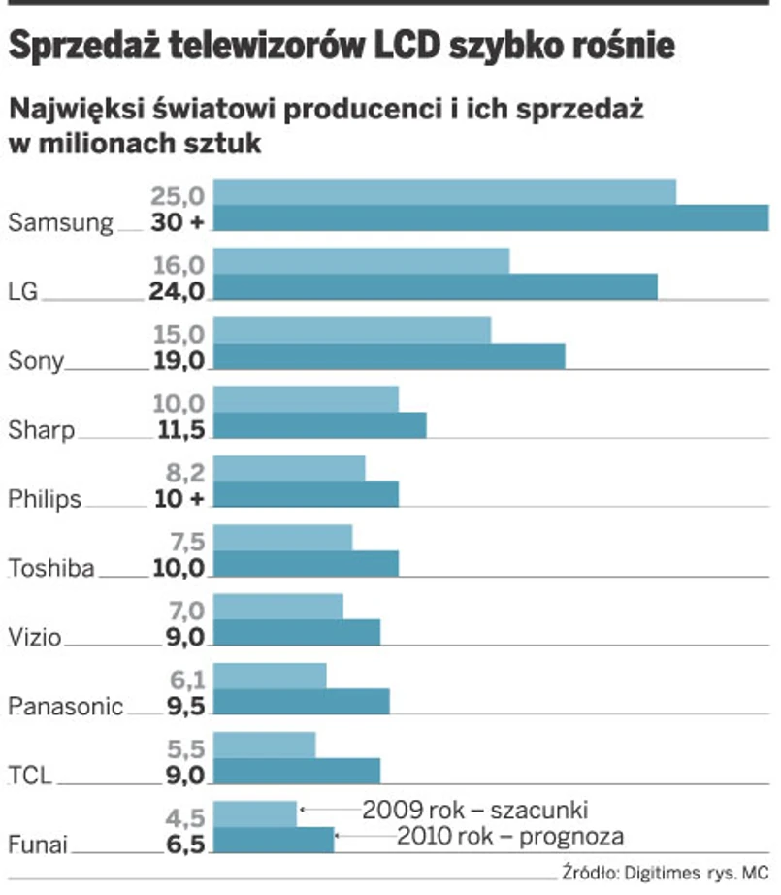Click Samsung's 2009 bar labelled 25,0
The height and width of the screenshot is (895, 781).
[x=444, y=192]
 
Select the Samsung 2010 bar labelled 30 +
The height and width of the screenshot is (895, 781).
[x=490, y=218]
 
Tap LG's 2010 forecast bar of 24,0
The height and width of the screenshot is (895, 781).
[x=435, y=287]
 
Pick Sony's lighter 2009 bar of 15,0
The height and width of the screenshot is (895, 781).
[x=351, y=331]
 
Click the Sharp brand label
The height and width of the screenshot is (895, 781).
[x=41, y=430]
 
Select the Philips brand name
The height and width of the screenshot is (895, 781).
[x=45, y=499]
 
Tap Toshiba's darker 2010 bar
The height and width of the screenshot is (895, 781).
[x=306, y=563]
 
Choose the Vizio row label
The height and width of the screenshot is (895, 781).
[x=35, y=638]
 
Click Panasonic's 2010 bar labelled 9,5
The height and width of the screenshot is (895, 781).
[x=301, y=702]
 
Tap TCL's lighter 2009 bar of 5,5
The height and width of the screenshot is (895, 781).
[x=264, y=745]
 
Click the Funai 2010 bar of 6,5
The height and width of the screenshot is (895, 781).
[x=273, y=840]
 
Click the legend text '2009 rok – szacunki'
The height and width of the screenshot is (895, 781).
[x=475, y=809]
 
